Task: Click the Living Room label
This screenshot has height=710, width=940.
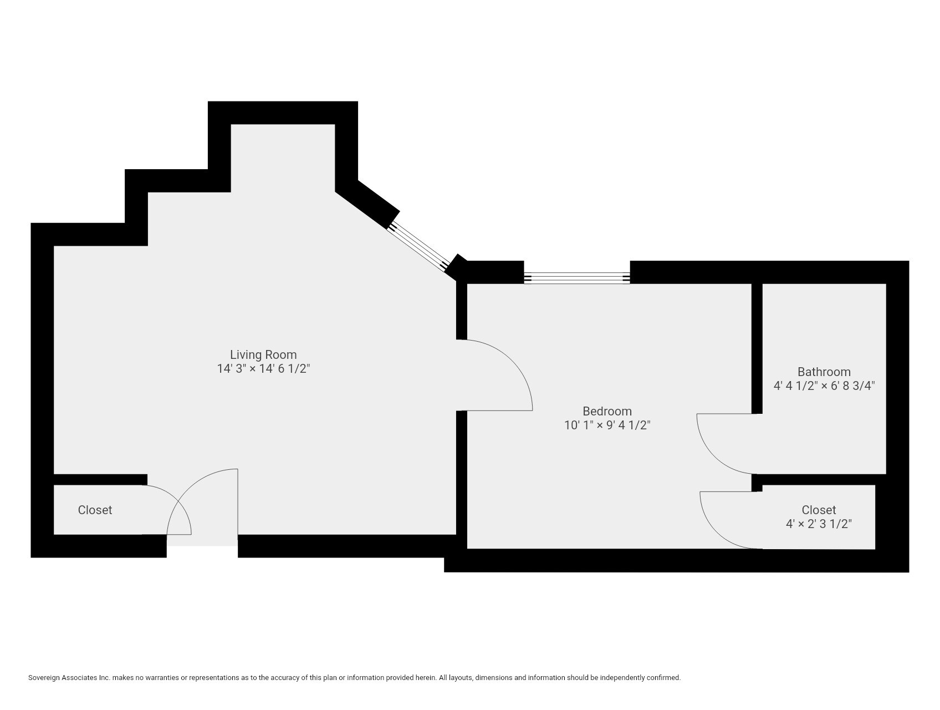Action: coord(263,354)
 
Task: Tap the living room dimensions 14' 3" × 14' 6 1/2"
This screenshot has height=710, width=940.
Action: coord(263,369)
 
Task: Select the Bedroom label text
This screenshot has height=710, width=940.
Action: coord(607,411)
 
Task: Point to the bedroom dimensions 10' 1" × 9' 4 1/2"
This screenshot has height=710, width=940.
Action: coord(607,425)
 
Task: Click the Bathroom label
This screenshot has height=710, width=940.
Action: coord(824,372)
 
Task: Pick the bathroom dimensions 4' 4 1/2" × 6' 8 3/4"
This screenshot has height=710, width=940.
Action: coord(824,386)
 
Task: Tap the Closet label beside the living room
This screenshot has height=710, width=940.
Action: coord(95,510)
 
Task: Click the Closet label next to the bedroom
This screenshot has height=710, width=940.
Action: coord(819,510)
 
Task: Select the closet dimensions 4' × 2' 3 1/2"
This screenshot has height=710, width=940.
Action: coord(819,524)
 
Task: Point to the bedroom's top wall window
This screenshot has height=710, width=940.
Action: coord(576,278)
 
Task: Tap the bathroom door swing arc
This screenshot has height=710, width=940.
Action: coord(715,452)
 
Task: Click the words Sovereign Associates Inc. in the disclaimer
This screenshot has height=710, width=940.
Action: coord(69,678)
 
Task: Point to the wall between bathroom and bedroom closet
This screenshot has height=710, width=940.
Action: coord(820,479)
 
